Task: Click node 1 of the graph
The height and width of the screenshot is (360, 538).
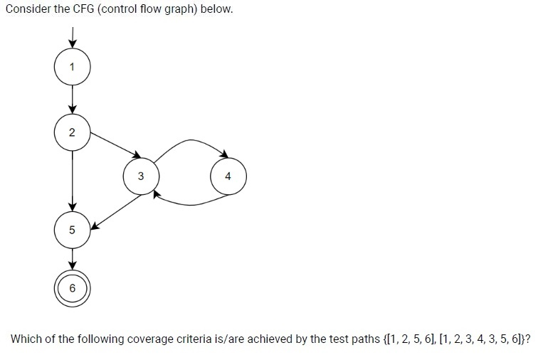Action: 72,67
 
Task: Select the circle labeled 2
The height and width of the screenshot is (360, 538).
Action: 72,132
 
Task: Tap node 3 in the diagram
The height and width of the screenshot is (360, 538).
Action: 141,176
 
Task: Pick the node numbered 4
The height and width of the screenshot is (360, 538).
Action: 228,176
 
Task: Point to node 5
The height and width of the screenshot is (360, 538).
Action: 72,230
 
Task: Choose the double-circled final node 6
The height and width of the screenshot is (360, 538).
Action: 72,288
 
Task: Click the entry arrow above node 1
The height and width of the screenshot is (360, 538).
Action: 72,38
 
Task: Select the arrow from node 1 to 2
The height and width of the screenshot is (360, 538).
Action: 72,100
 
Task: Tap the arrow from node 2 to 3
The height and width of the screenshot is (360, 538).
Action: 115,146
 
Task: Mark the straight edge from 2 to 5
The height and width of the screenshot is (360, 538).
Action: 72,181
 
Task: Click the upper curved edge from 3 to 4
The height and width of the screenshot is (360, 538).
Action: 191,139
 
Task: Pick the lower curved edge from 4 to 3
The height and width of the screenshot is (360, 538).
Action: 191,205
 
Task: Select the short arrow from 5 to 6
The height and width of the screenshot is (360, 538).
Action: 72,259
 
